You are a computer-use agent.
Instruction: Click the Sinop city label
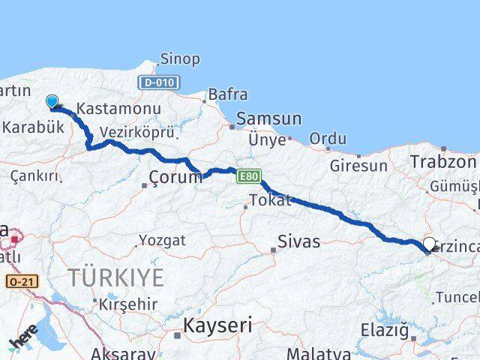click(181, 58)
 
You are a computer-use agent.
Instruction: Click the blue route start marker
click(52, 102)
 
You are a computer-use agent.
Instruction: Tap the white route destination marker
click(430, 244)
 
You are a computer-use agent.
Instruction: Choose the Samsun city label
click(268, 118)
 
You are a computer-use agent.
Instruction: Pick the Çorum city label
click(175, 178)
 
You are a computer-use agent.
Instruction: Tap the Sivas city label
click(298, 241)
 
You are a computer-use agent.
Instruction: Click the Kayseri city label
click(218, 325)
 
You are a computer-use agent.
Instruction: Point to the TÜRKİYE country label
click(115, 277)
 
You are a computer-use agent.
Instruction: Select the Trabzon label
click(443, 161)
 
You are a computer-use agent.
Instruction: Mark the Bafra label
click(228, 94)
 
